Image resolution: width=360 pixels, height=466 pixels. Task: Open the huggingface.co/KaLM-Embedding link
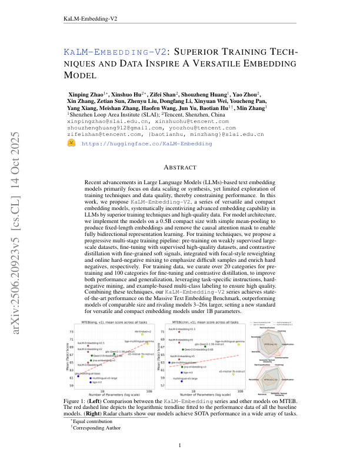click(129, 143)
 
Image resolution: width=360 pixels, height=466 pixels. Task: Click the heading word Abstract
click(179, 167)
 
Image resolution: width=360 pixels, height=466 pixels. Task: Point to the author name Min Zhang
click(252, 108)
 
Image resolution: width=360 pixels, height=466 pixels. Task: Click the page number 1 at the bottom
click(179, 445)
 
